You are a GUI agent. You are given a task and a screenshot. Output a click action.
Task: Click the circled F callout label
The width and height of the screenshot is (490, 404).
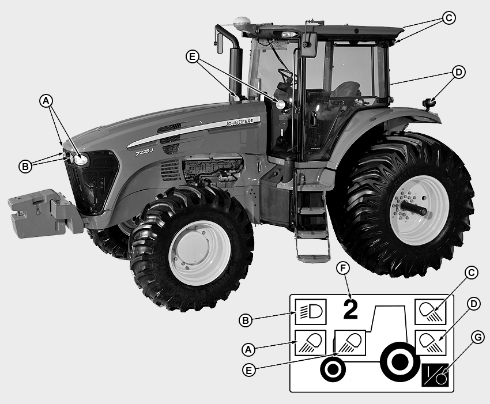343,269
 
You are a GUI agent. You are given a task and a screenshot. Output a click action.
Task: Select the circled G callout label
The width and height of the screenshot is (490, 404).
478,338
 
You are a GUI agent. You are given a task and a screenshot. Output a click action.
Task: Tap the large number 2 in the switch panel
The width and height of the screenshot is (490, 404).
350,309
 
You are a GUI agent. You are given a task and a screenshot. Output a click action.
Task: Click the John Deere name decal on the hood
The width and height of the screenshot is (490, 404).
240,122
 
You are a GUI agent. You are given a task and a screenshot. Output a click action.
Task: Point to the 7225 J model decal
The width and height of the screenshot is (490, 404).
144,152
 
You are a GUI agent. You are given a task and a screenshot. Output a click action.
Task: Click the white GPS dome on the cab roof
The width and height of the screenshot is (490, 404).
240,22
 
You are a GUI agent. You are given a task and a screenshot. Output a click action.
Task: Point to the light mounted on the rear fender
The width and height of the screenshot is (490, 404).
429,103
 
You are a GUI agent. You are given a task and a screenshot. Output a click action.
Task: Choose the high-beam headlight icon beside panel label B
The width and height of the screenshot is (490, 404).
311,312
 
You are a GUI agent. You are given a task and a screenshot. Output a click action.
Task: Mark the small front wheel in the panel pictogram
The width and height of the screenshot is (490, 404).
333,369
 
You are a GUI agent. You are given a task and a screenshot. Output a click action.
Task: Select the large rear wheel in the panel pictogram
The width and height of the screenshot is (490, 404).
400,362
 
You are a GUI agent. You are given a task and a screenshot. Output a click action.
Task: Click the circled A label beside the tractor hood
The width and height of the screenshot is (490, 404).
46,101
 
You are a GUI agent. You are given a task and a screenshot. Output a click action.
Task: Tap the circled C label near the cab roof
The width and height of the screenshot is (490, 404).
448,18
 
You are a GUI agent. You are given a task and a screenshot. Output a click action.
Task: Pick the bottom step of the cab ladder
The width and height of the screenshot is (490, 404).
313,258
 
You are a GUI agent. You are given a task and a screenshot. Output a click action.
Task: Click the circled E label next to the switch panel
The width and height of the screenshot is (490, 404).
249,370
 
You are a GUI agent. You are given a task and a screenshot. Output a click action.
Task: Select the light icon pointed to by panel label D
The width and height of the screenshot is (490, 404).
430,343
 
